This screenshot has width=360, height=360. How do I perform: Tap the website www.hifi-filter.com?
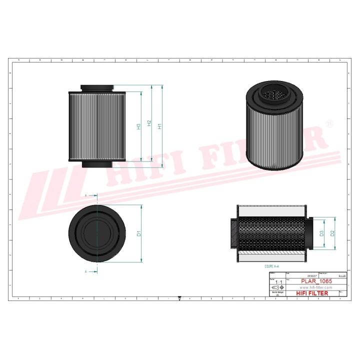point(316,288)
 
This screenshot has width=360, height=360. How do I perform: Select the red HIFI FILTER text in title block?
point(312,293)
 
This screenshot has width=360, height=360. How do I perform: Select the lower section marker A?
point(86,271)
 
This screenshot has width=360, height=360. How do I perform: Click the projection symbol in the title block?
point(275,288)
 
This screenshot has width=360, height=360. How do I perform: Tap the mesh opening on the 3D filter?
point(273,93)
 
